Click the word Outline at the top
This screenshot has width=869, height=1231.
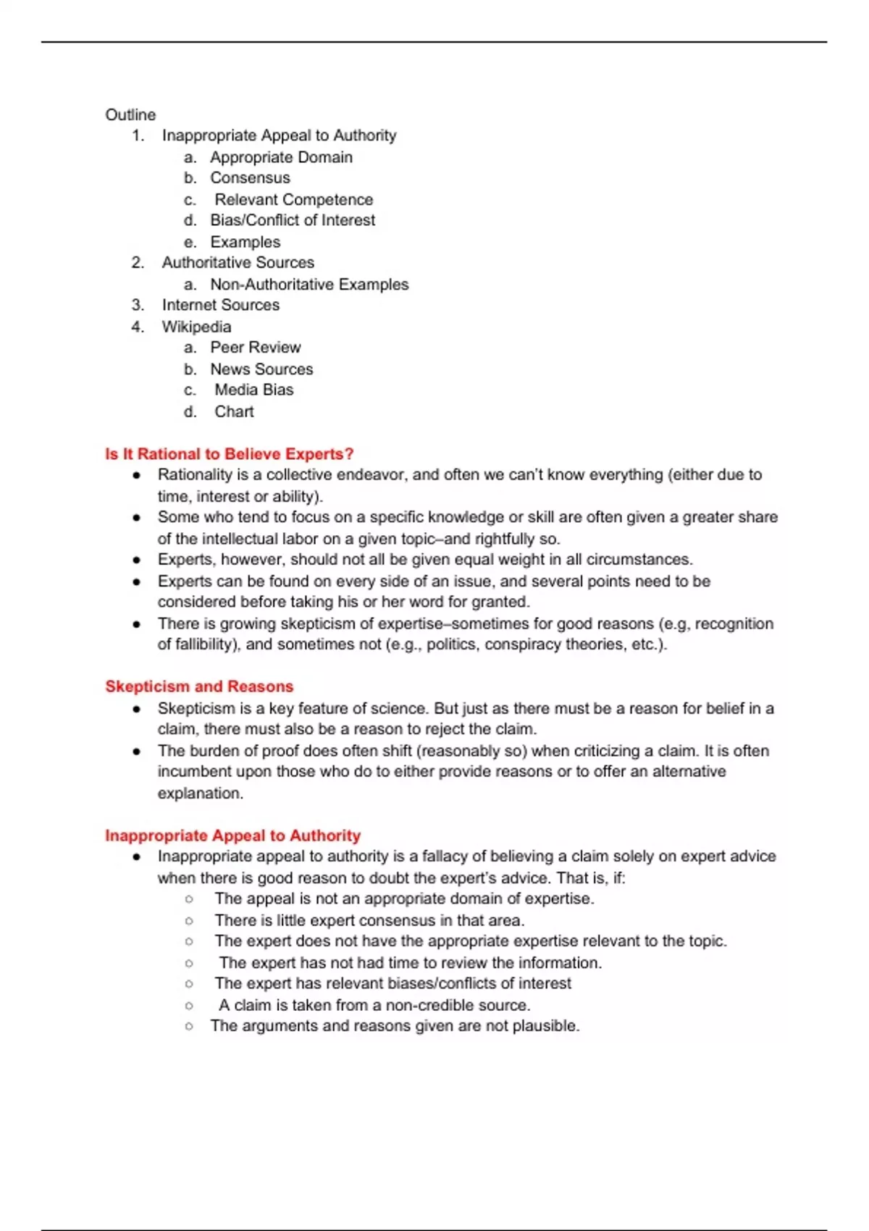click(x=130, y=114)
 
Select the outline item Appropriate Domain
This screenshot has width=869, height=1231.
click(x=281, y=157)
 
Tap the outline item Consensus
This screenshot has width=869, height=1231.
click(x=250, y=178)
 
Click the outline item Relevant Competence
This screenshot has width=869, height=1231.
click(x=293, y=200)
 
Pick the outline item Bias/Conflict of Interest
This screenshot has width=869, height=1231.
click(x=293, y=220)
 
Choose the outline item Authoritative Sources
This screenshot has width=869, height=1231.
click(x=238, y=263)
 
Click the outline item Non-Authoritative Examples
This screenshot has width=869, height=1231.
click(x=309, y=285)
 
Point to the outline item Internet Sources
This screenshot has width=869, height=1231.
click(x=220, y=305)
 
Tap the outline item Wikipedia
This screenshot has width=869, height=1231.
click(x=196, y=327)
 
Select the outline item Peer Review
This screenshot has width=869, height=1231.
click(x=255, y=348)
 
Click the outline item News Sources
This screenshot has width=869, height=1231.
click(x=261, y=369)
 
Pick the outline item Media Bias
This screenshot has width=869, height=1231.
click(x=253, y=390)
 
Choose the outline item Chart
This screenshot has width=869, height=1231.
click(x=234, y=411)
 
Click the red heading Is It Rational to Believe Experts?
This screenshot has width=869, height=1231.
click(x=229, y=454)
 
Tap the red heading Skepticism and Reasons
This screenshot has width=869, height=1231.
click(x=199, y=686)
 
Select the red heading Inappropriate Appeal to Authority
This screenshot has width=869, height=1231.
click(x=232, y=836)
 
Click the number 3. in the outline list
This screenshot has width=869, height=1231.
click(x=138, y=305)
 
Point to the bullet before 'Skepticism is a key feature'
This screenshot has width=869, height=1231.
click(x=136, y=709)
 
